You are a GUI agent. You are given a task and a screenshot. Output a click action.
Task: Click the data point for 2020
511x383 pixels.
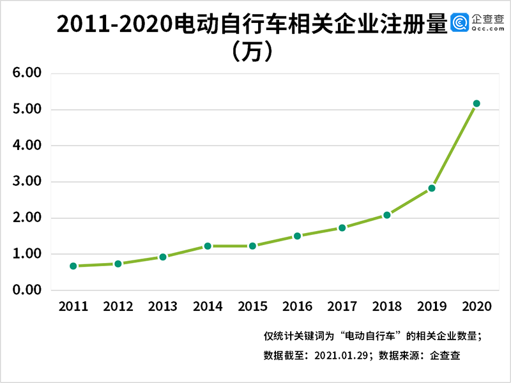(476, 103)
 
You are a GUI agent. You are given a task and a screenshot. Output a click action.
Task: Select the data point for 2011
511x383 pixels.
(73, 266)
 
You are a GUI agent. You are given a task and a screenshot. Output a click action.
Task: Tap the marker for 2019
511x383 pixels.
(432, 188)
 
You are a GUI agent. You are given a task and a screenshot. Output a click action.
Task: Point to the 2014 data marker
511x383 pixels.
(208, 246)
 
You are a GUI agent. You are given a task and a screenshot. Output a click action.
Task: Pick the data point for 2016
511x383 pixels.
(297, 236)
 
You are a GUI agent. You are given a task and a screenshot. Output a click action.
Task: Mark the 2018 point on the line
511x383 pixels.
(386, 215)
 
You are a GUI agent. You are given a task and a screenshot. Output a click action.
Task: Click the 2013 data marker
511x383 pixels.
(163, 257)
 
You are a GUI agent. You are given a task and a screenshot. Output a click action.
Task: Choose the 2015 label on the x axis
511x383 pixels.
(252, 306)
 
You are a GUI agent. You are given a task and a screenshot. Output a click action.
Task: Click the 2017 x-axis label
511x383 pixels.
(342, 306)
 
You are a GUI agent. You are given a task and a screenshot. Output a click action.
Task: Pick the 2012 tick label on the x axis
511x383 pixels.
(118, 306)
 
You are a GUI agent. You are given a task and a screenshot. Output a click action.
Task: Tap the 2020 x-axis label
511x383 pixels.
(476, 306)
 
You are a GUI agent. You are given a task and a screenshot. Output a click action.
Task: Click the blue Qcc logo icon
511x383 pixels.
(460, 23)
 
